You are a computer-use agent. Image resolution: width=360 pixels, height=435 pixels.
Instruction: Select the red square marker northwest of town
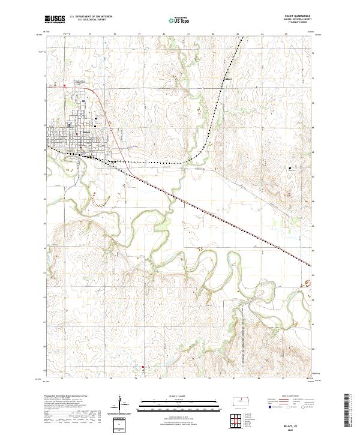(x=65, y=85)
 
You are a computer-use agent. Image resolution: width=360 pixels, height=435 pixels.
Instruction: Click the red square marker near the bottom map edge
(x=143, y=367)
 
